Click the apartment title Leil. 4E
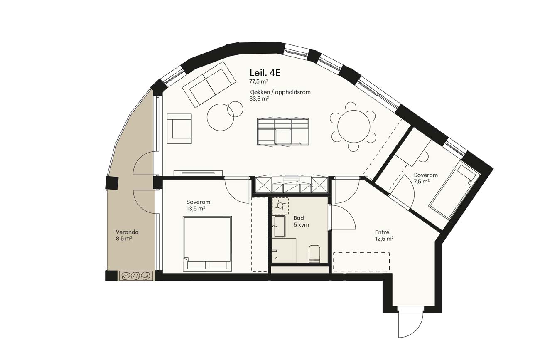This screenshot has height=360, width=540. (x=265, y=73)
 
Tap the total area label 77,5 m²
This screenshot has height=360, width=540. (x=258, y=81)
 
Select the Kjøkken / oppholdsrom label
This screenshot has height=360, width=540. (x=280, y=92)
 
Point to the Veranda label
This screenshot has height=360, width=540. (x=127, y=232)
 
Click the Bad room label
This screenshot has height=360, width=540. (x=298, y=218)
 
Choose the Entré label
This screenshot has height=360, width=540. (x=382, y=232)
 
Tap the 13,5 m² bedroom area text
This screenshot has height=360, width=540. (x=196, y=209)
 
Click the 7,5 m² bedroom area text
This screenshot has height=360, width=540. (x=422, y=181)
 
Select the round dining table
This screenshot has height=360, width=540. (x=353, y=127)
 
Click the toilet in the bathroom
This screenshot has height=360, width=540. (x=314, y=254)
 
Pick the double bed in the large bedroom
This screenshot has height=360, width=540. (x=207, y=243)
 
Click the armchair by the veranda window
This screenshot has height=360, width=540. (x=179, y=129)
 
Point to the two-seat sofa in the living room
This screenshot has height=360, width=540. (x=209, y=84)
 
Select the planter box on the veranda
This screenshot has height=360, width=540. (x=136, y=276)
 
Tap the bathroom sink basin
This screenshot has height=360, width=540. (x=279, y=226)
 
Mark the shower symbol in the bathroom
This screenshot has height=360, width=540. (x=280, y=206)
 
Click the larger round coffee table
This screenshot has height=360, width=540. (x=220, y=117)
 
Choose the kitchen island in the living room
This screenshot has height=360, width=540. (x=283, y=132)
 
